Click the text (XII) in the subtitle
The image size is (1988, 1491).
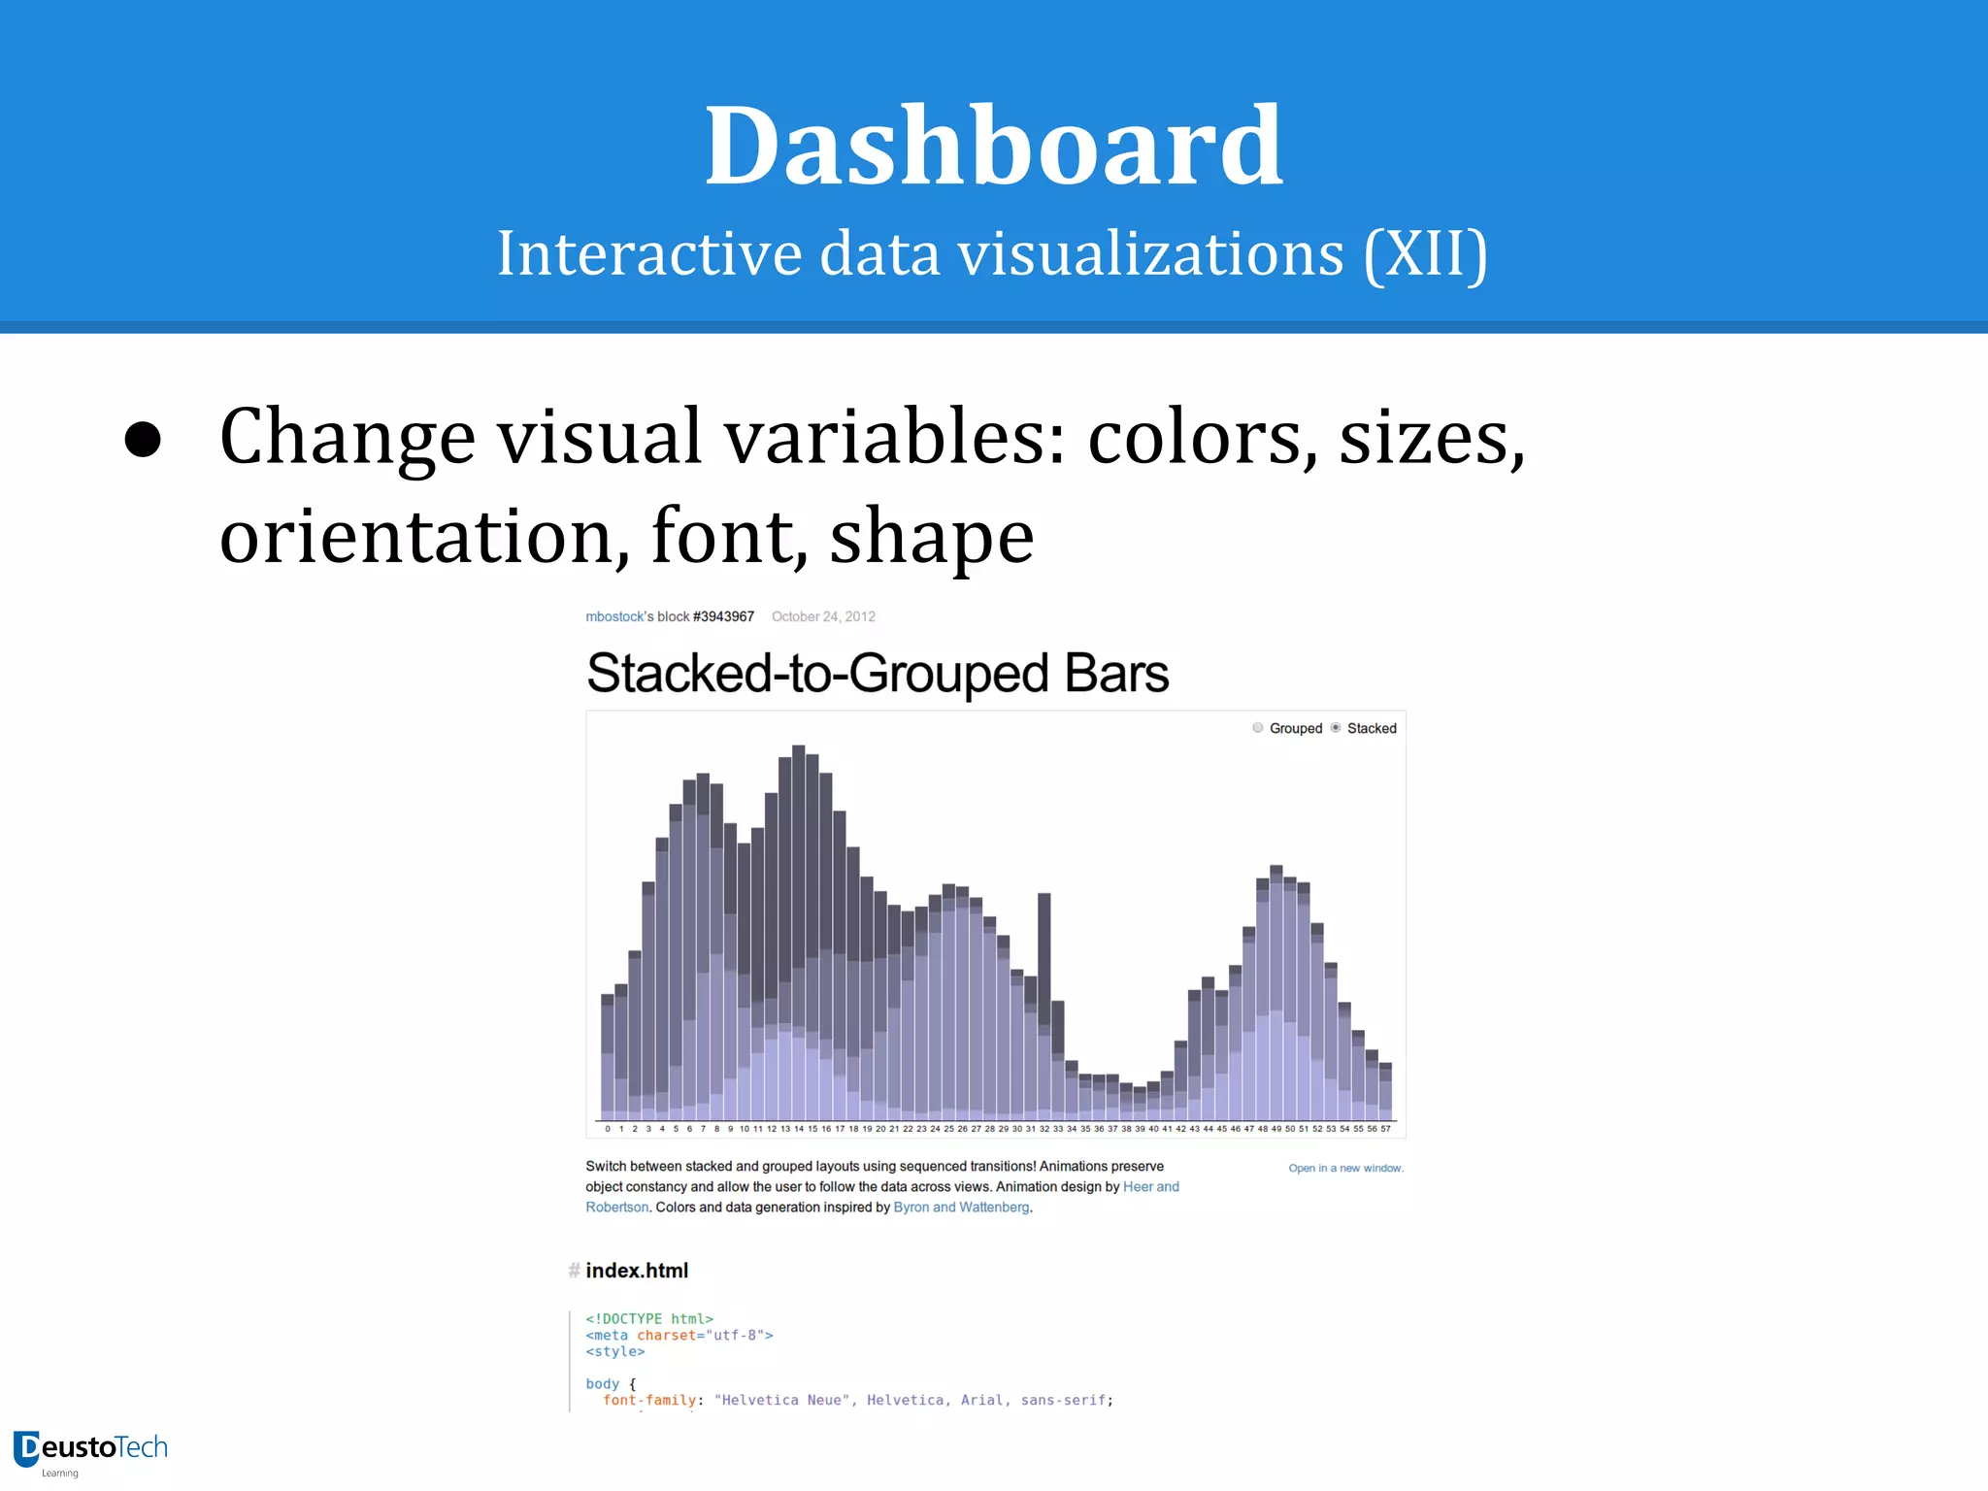pyautogui.click(x=1425, y=254)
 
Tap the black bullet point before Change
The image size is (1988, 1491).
pyautogui.click(x=143, y=439)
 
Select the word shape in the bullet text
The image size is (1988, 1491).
pyautogui.click(x=931, y=538)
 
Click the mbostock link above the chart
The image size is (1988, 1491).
pyautogui.click(x=614, y=616)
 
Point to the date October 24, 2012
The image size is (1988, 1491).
pyautogui.click(x=823, y=616)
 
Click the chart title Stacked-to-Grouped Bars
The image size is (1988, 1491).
pyautogui.click(x=877, y=673)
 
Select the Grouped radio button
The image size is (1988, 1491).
pyautogui.click(x=1258, y=728)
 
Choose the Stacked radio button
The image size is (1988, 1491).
pyautogui.click(x=1336, y=728)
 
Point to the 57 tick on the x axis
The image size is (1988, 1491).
pyautogui.click(x=1386, y=1129)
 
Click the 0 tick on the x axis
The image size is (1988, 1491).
pyautogui.click(x=608, y=1129)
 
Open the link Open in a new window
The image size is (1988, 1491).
pyautogui.click(x=1345, y=1168)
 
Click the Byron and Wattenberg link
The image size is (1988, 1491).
pyautogui.click(x=961, y=1208)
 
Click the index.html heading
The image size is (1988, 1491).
pyautogui.click(x=637, y=1271)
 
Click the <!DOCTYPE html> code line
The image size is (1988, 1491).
pyautogui.click(x=649, y=1318)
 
